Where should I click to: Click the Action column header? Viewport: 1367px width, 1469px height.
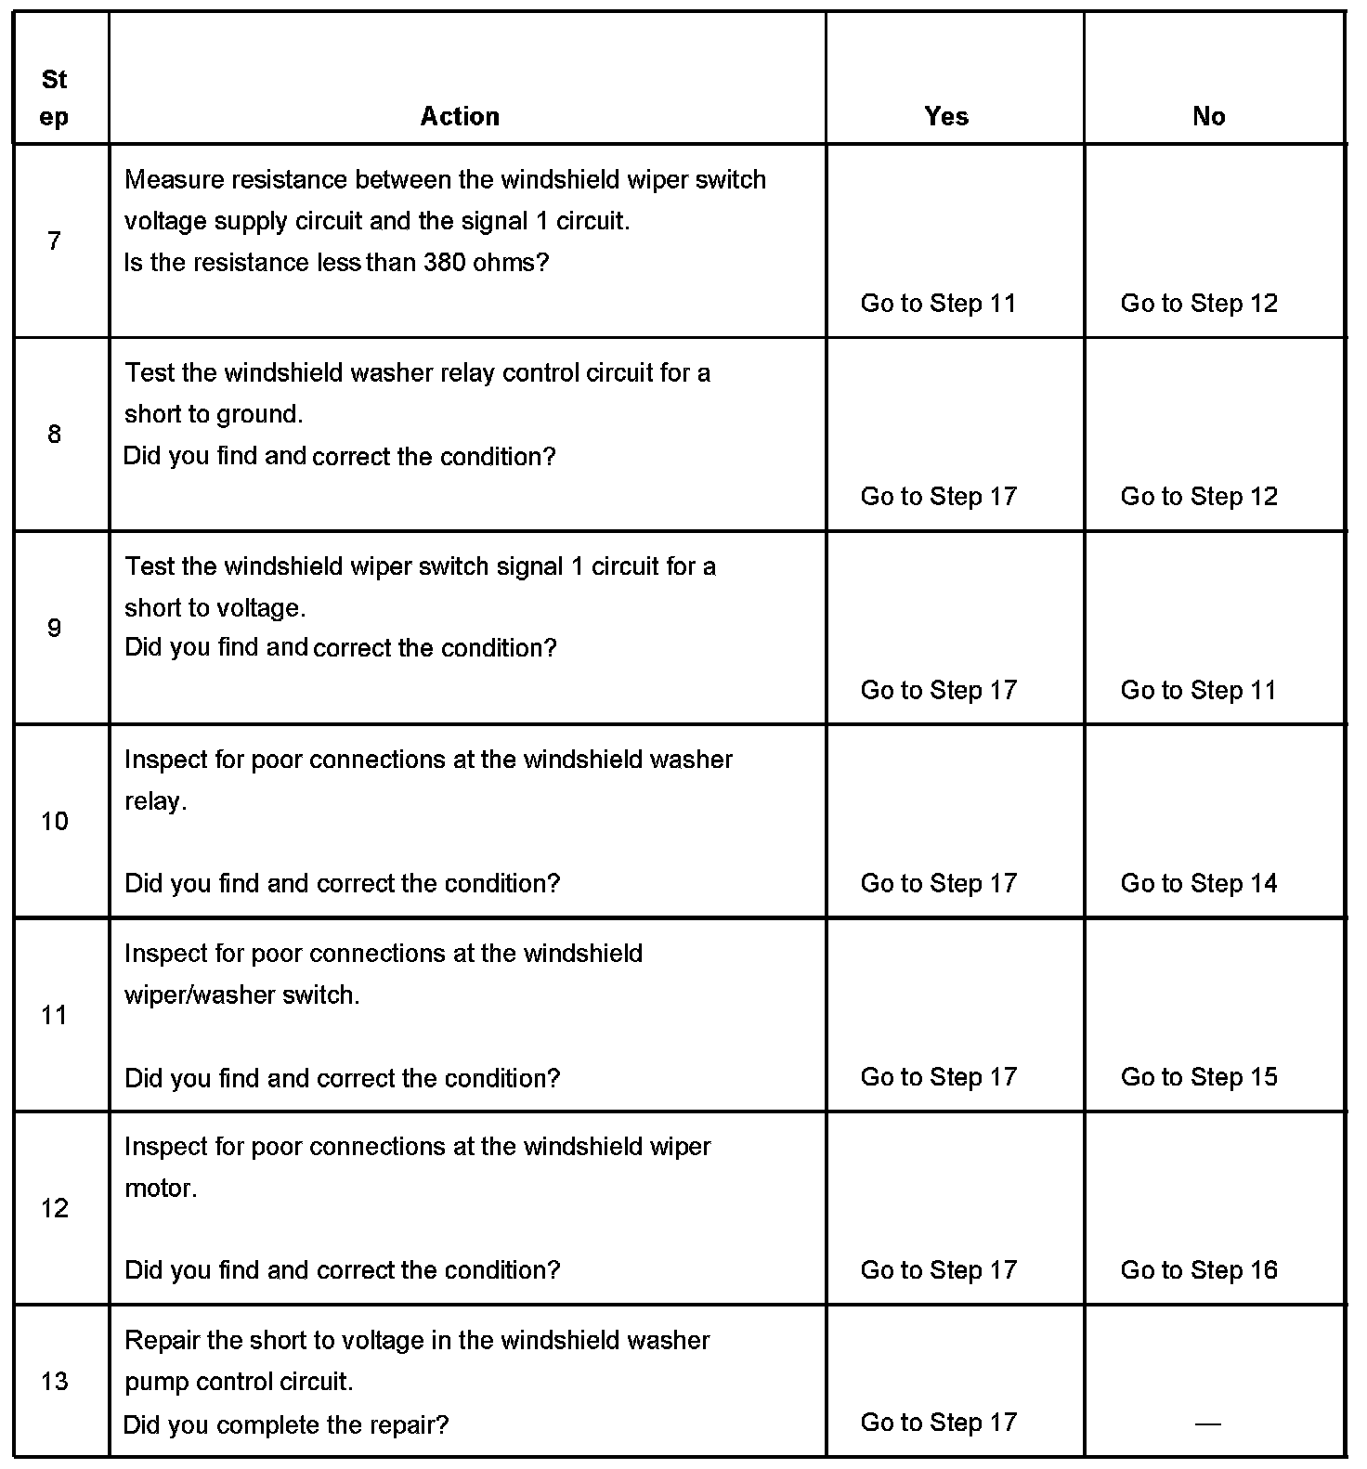tap(460, 116)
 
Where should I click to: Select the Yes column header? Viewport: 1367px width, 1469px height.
tap(946, 116)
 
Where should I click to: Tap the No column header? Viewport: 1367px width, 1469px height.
tap(1209, 116)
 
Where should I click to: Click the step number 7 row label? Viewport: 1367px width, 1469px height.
tap(54, 241)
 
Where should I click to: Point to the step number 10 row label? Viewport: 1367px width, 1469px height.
tap(55, 821)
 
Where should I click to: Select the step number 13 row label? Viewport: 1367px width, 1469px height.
tap(55, 1381)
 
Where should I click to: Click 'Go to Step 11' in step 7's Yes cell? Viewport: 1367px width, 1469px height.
tap(939, 303)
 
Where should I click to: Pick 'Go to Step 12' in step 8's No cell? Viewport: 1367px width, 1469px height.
tap(1199, 496)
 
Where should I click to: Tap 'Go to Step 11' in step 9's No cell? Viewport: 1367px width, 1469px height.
tap(1199, 690)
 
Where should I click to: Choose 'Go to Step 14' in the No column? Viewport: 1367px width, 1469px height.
tap(1199, 883)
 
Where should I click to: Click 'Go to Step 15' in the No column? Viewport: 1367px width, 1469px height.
tap(1199, 1077)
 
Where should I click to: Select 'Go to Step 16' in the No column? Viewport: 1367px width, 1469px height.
tap(1199, 1269)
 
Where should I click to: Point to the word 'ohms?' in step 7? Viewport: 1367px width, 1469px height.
tap(512, 263)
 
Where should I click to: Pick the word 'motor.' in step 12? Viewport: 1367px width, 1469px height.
tap(161, 1189)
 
